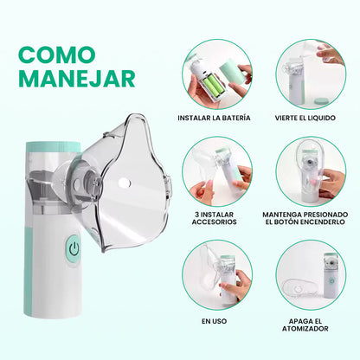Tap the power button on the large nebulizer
[74, 248]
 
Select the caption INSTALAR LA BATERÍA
[214, 117]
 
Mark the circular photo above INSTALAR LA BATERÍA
[217, 74]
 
